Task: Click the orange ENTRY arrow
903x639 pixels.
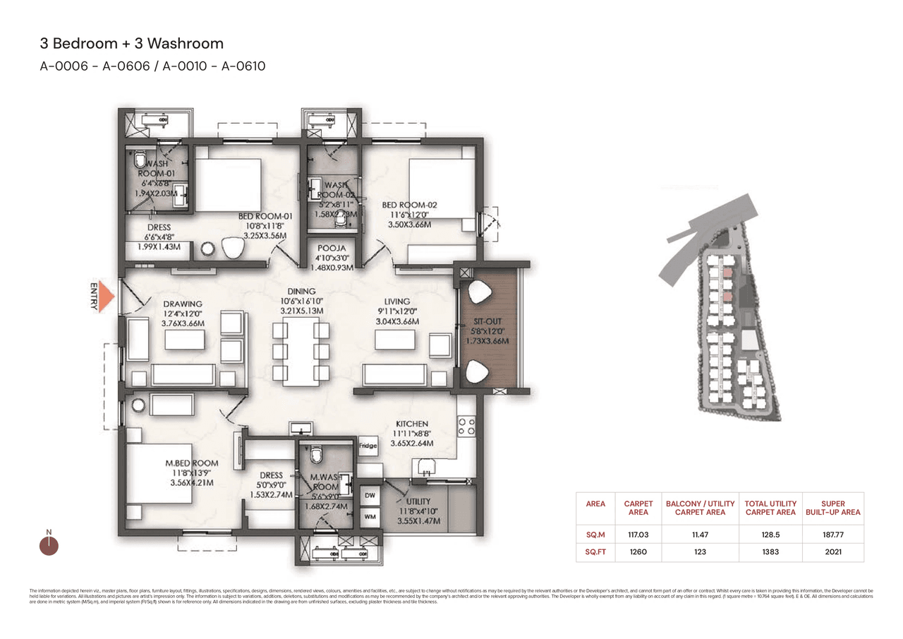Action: tap(105, 297)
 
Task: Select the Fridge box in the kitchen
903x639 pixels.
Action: tap(368, 446)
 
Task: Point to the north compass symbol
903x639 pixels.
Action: tap(49, 545)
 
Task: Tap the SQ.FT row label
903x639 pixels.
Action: tap(595, 551)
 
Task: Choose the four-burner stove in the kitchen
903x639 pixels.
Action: tap(466, 425)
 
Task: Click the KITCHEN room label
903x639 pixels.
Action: tap(412, 424)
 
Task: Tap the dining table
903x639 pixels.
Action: tap(301, 351)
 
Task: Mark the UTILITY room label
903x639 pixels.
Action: tap(419, 501)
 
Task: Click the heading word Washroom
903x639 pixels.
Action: tap(192, 43)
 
